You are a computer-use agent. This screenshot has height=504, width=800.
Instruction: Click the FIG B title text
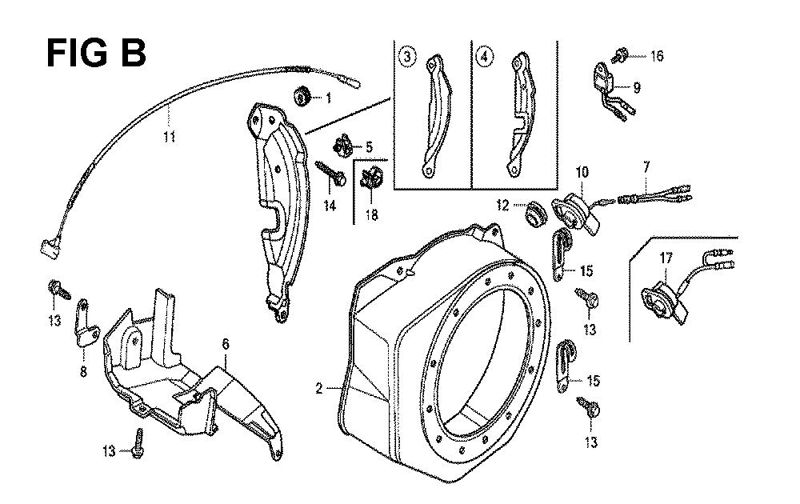(x=95, y=54)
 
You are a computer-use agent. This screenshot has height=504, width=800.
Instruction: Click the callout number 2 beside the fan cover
(x=319, y=389)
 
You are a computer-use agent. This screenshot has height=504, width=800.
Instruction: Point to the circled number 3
(x=409, y=58)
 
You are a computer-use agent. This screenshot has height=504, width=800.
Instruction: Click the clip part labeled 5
(x=345, y=144)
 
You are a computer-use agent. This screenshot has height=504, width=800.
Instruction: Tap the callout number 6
(x=226, y=343)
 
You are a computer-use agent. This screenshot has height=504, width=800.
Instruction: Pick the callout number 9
(x=637, y=87)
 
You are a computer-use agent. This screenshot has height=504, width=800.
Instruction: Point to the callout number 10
(x=582, y=171)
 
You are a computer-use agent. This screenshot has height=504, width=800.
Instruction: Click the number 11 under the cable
(x=169, y=137)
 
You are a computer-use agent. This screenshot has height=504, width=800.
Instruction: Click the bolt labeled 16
(x=621, y=55)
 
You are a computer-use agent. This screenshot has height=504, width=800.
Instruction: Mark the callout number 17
(x=665, y=258)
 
